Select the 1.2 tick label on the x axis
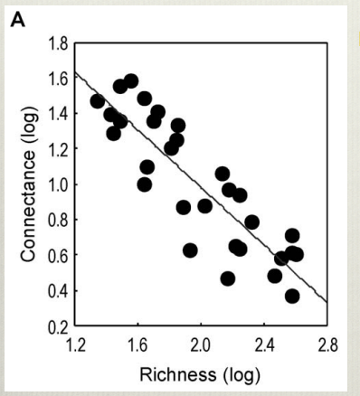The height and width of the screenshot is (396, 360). point(75,344)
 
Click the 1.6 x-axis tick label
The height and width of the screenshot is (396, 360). point(137,344)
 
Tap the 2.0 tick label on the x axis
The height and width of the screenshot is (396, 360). point(201,344)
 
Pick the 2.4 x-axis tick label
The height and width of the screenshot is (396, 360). point(264,344)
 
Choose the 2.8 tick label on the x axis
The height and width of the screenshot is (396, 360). point(327,344)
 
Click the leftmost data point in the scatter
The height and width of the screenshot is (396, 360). point(98,101)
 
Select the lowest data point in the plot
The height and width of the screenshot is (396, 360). point(292,296)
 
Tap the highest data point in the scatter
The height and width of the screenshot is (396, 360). point(131,81)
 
